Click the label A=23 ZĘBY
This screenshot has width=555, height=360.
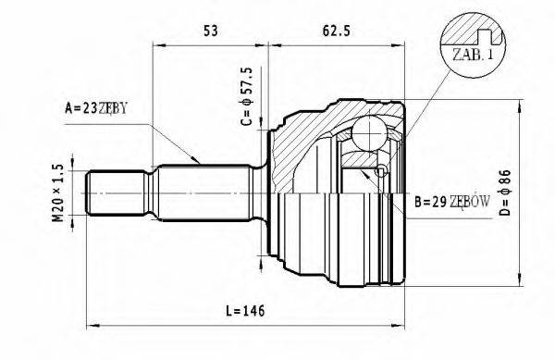pos(96,109)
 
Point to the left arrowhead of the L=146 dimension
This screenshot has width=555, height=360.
pos(91,325)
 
